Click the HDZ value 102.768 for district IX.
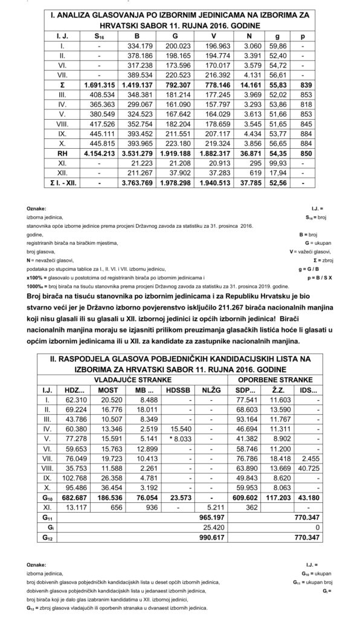(76, 478)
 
